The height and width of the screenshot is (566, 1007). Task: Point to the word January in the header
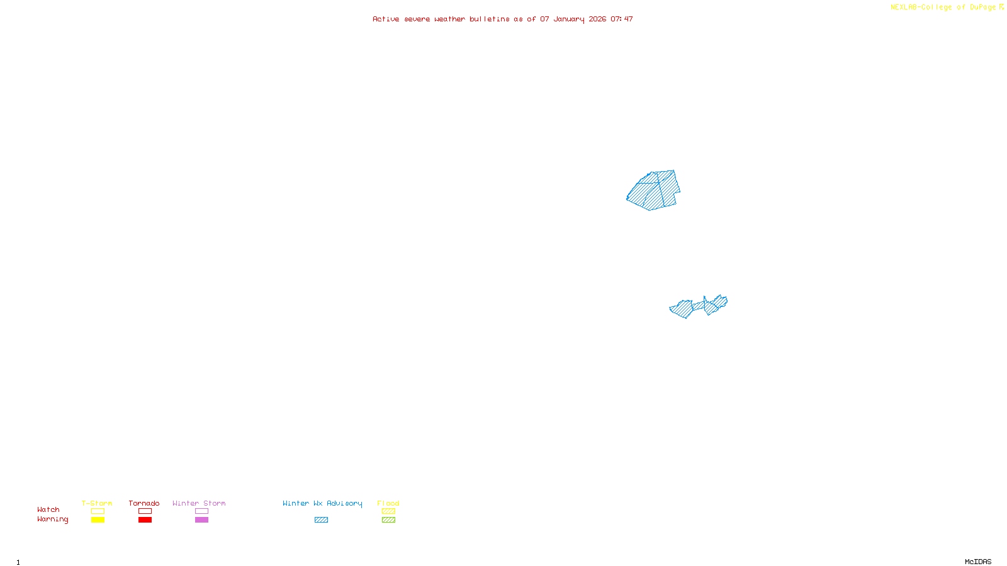click(569, 19)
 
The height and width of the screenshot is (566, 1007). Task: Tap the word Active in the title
click(386, 19)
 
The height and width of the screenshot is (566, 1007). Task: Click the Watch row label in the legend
click(48, 510)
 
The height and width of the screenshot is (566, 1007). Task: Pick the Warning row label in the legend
click(53, 519)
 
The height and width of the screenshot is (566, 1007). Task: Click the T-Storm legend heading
click(97, 503)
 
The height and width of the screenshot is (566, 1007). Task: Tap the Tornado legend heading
click(144, 503)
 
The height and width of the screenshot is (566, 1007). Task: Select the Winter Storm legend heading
click(199, 503)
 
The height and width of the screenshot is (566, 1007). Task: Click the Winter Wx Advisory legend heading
click(322, 503)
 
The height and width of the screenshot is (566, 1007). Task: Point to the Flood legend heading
click(388, 503)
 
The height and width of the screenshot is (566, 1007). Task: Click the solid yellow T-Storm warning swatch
click(98, 520)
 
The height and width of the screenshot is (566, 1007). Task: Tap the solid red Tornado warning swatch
click(145, 520)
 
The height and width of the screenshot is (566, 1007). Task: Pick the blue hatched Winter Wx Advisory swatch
click(321, 520)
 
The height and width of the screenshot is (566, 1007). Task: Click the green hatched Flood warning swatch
click(388, 520)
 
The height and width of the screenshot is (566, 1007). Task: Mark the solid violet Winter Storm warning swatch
click(201, 520)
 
